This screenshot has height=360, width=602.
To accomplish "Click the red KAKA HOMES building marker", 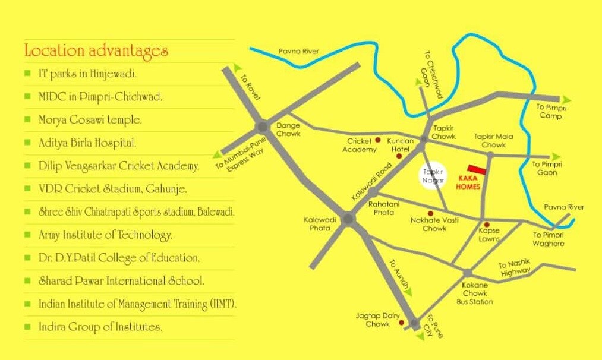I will tap(477, 170).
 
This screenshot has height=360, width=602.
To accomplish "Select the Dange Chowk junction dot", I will tap(262, 127).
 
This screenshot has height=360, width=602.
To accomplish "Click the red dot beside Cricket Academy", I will tap(378, 141).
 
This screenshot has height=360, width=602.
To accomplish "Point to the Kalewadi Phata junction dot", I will tap(348, 219).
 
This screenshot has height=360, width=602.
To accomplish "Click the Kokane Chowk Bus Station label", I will tap(475, 293).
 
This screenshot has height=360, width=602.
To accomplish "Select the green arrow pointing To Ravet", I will tap(238, 68).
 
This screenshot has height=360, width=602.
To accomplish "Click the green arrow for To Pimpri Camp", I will tap(566, 99).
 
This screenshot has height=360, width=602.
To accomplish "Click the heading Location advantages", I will tap(96, 50).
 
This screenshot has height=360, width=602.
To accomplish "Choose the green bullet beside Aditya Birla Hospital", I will tap(27, 142).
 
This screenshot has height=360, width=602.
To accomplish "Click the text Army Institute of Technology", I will tap(105, 235).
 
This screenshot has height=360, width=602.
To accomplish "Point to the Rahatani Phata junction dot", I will tap(373, 192).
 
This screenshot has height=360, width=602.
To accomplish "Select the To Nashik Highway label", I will tap(515, 268).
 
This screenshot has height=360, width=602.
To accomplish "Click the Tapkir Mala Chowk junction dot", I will tap(490, 155).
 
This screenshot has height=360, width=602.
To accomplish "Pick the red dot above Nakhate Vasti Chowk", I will tap(431, 213).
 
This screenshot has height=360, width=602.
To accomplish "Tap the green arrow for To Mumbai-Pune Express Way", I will tap(222, 151).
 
